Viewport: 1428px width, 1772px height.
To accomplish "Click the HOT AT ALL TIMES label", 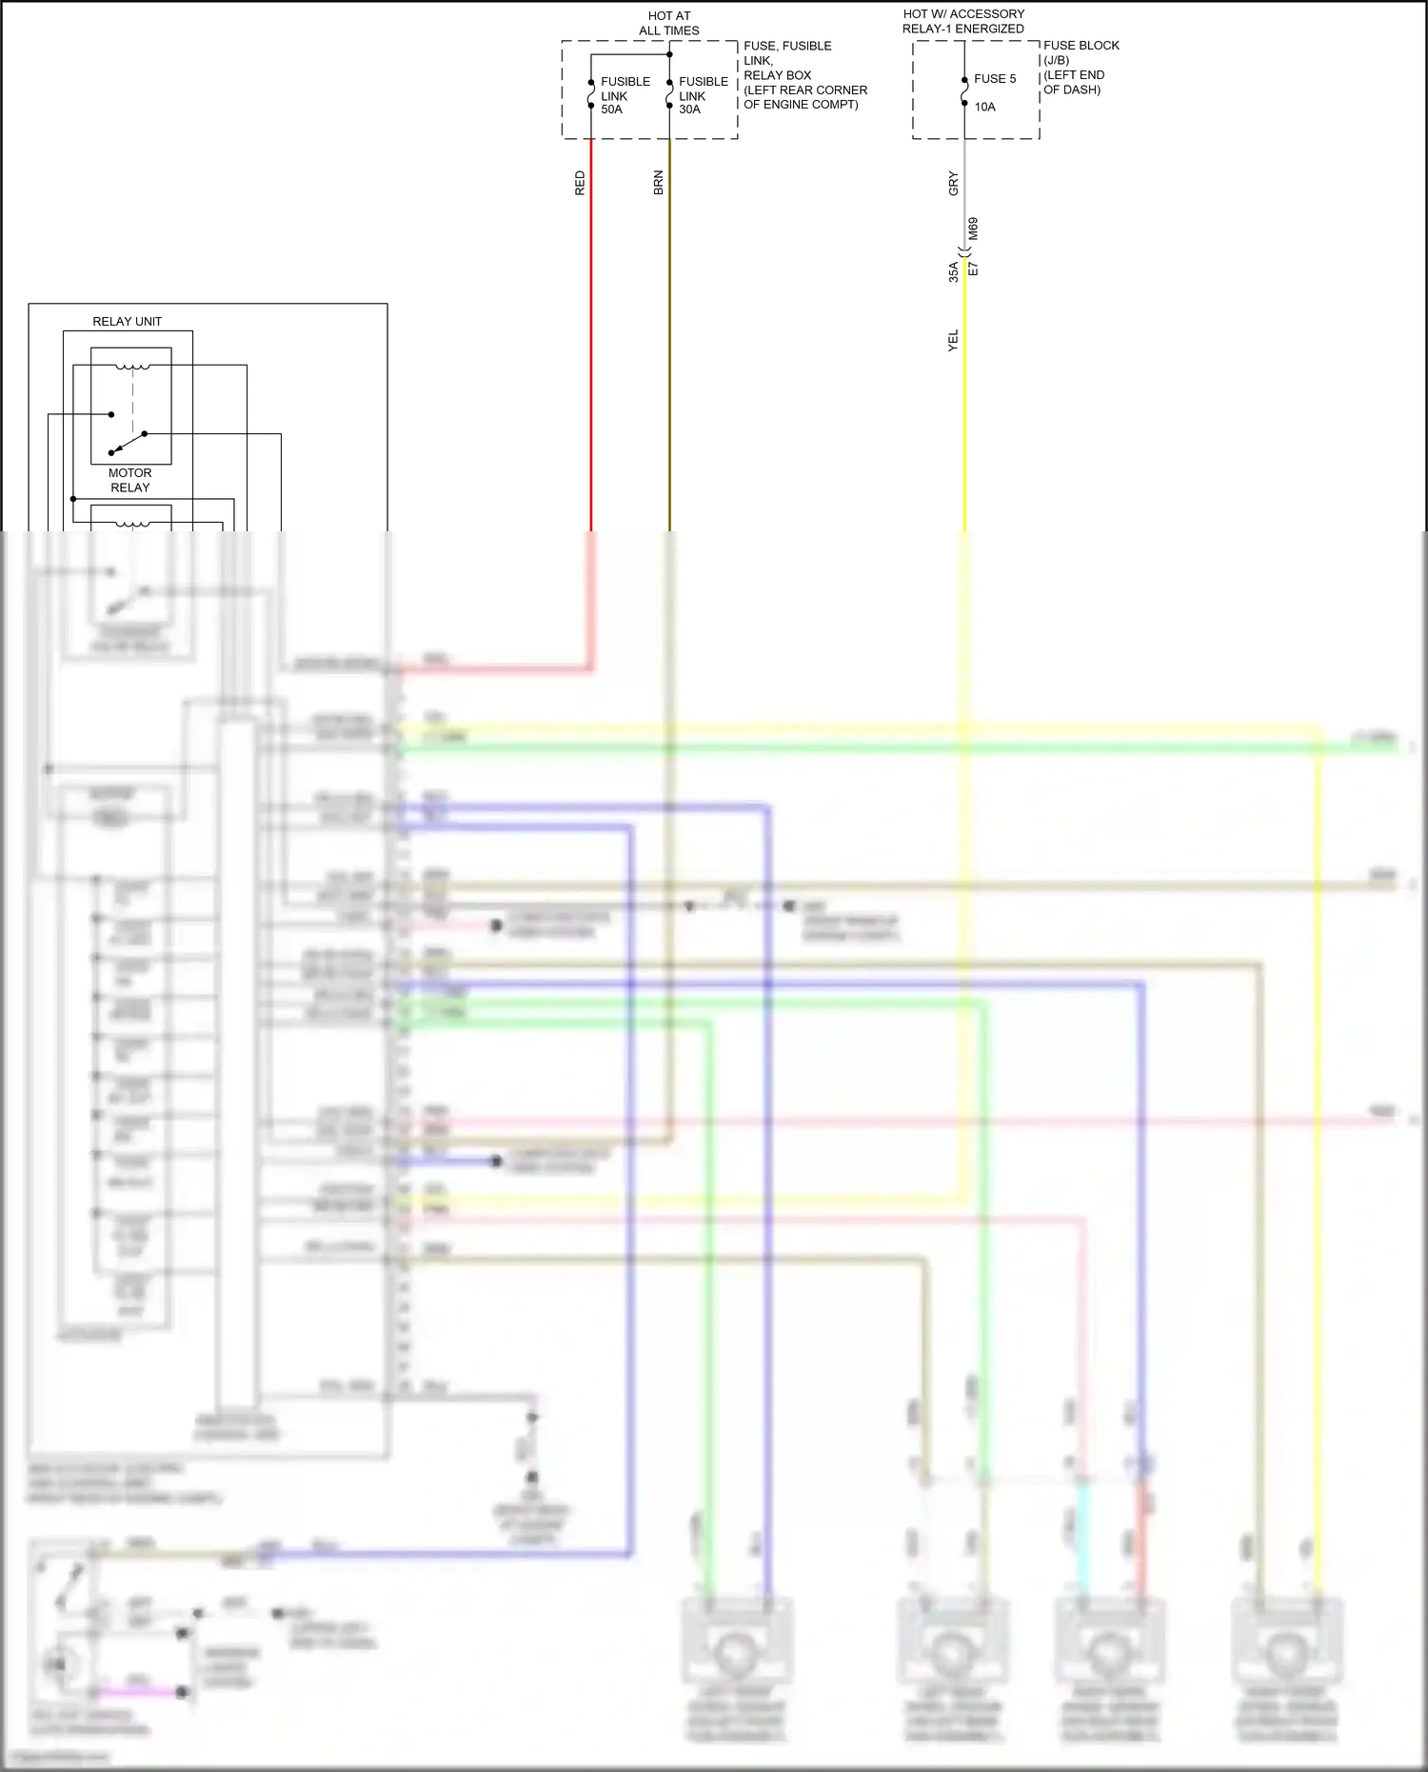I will click(669, 24).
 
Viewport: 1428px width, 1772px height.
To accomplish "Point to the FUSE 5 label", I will click(995, 79).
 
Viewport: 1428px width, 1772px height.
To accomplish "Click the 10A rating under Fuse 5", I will click(984, 107).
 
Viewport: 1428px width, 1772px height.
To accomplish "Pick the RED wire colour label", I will click(580, 184).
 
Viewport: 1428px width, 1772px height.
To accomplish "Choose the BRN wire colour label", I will click(658, 184).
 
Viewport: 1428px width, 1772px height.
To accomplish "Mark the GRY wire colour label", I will click(953, 184).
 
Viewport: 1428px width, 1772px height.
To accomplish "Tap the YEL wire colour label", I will click(953, 341).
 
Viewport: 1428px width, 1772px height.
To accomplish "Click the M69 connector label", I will click(973, 229).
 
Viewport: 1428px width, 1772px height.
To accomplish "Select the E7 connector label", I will click(973, 269).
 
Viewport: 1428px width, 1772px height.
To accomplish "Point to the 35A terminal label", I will click(953, 271).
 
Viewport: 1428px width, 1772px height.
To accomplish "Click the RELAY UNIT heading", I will click(127, 322).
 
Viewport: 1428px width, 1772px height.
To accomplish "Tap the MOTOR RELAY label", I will click(130, 480).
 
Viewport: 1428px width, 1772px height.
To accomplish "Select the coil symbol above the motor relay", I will click(132, 367).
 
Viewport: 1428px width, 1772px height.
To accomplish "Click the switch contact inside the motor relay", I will click(129, 442).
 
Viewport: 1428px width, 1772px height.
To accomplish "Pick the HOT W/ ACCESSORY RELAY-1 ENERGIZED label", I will click(963, 22).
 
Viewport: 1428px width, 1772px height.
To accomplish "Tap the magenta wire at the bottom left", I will click(139, 1691).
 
